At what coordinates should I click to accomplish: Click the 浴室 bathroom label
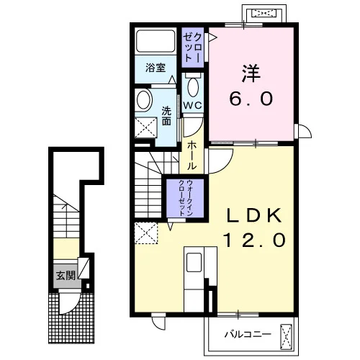coord(156,68)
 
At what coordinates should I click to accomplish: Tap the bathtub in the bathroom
coord(156,41)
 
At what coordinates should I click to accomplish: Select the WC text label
coord(192,105)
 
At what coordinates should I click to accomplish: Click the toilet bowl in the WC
coord(193,86)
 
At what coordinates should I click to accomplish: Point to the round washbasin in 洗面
coord(144,100)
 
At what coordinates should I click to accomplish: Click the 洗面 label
coord(166,116)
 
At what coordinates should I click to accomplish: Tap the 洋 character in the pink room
coord(251,73)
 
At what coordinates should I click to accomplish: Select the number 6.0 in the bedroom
coord(251,99)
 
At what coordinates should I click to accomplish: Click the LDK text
coord(254,215)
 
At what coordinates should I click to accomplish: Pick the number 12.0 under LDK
coord(255,240)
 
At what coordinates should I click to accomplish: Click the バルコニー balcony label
coord(248,334)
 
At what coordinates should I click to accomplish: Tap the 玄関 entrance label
coord(66,276)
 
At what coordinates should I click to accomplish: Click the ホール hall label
coord(192,156)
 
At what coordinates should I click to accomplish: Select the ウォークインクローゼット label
coord(186,197)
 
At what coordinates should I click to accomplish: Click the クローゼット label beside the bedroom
coord(193,48)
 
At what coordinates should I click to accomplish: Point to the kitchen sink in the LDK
coord(194,263)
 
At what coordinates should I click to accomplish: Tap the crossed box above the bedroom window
coord(264,13)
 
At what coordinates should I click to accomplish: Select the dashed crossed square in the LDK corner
coord(146,233)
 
